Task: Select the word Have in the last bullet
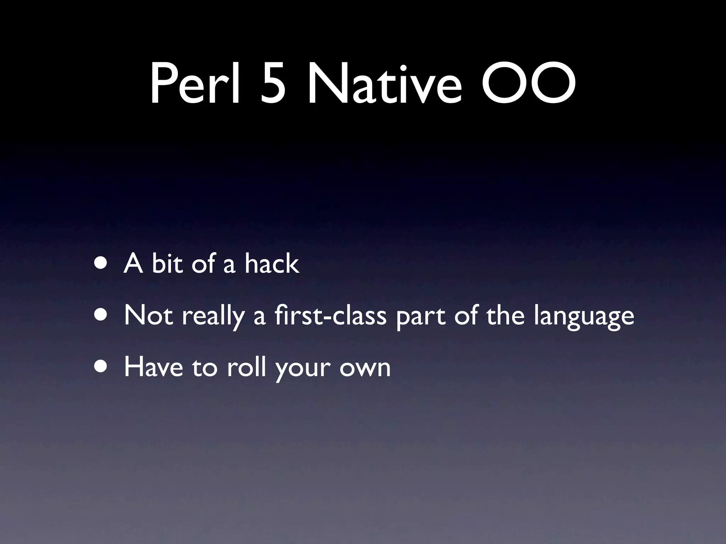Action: [153, 367]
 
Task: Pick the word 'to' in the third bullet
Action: [204, 368]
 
